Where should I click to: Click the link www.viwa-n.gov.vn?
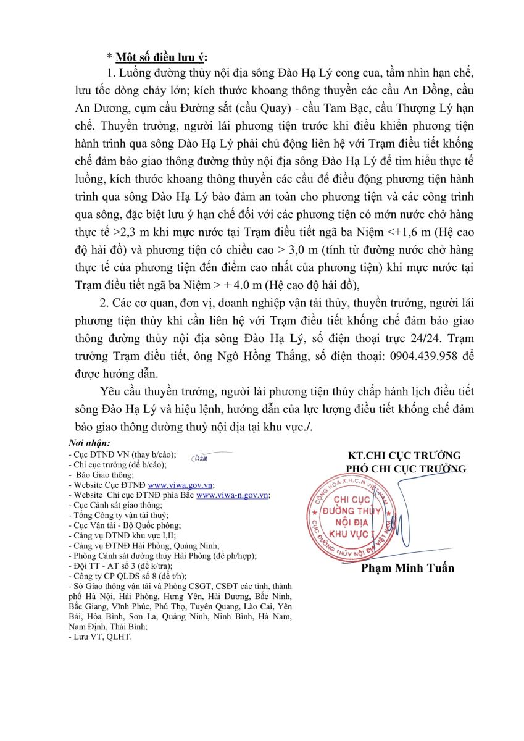coord(232,495)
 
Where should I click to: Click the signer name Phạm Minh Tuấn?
coord(407,568)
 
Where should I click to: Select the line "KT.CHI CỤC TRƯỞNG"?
coord(404,456)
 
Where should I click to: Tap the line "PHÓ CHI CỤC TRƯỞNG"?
coord(406,469)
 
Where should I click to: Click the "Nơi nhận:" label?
coord(90,443)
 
